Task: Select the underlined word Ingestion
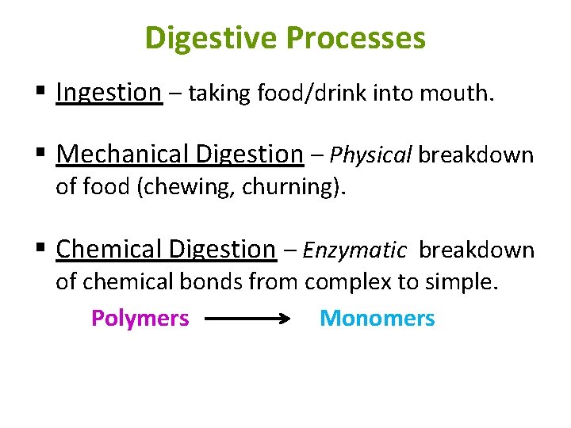tap(109, 93)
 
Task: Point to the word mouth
tap(460, 94)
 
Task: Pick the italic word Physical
tap(371, 155)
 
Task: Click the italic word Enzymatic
tap(354, 250)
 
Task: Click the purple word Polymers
tap(140, 319)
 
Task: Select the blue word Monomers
tap(377, 319)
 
